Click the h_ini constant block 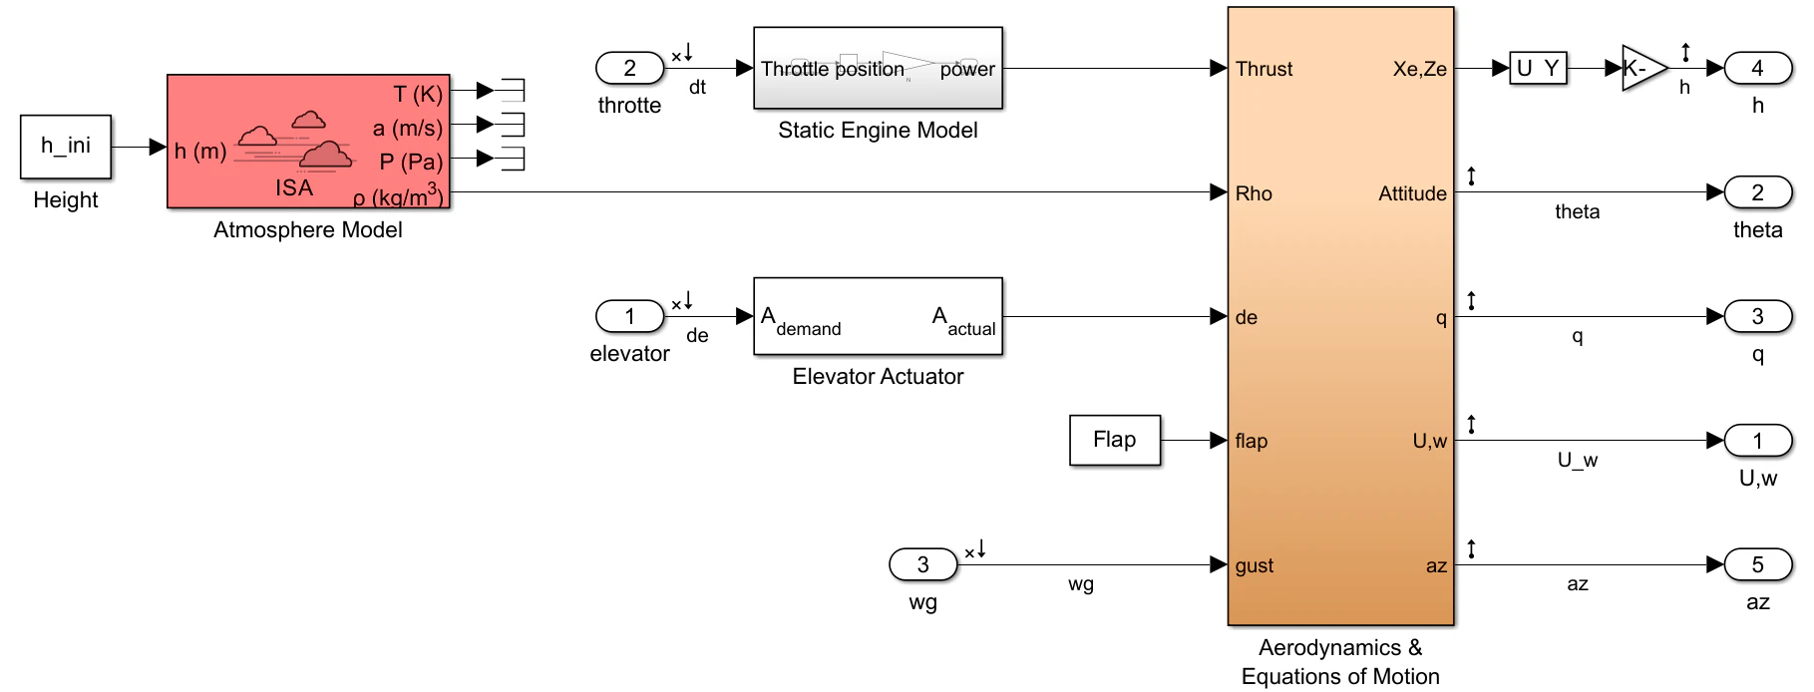click(x=66, y=147)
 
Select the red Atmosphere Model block click(x=308, y=142)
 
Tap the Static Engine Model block click(x=878, y=68)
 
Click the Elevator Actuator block click(x=878, y=316)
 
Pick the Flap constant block click(x=1115, y=440)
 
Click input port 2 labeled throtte click(x=629, y=68)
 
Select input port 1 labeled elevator click(x=629, y=316)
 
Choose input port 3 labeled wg click(x=922, y=564)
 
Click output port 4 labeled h click(x=1757, y=68)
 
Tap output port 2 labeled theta click(x=1757, y=192)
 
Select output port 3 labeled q click(x=1757, y=316)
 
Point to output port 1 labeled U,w click(x=1757, y=440)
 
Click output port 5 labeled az click(x=1757, y=564)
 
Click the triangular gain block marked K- click(x=1640, y=68)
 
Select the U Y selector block click(x=1538, y=68)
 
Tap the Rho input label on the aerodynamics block click(x=1254, y=193)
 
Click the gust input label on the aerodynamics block click(x=1255, y=565)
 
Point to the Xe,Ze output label click(x=1419, y=69)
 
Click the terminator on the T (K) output click(x=513, y=91)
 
